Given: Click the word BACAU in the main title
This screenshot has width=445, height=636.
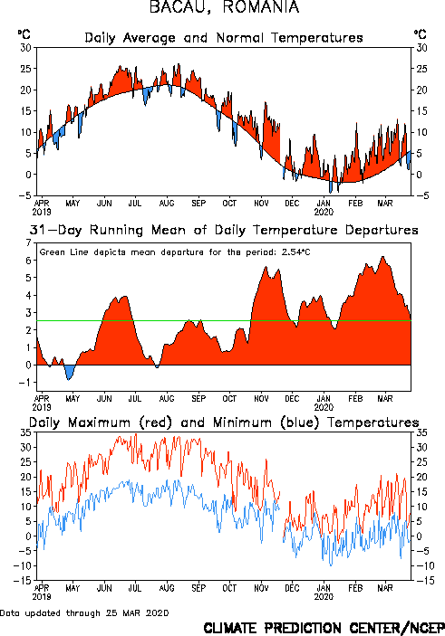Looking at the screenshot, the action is tap(180, 7).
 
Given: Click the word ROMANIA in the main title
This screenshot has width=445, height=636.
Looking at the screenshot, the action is tap(261, 7).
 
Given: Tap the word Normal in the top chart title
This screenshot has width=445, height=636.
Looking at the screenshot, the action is tap(240, 38).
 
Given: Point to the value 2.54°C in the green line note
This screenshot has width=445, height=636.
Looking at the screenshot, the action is tap(295, 252).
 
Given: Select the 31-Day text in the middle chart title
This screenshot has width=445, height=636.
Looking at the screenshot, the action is tap(55, 230).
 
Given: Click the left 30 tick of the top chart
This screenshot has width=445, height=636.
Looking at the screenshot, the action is tap(26, 48).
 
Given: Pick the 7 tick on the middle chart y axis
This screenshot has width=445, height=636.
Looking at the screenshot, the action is tap(28, 242).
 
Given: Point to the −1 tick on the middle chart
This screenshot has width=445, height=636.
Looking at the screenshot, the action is tap(25, 382).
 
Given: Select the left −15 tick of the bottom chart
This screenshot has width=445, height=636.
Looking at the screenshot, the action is tap(23, 581).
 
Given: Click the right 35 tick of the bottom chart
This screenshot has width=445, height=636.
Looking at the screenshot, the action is tap(421, 432).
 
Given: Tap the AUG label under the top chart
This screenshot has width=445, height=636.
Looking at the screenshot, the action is tap(167, 203).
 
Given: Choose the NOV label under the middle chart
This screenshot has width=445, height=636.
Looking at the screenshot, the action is tap(261, 398).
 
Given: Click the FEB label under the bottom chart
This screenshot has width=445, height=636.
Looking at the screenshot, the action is tap(355, 588).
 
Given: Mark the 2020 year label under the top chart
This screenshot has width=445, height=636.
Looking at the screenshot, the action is tap(324, 212).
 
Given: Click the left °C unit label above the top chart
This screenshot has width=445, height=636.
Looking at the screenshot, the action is tap(24, 34).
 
